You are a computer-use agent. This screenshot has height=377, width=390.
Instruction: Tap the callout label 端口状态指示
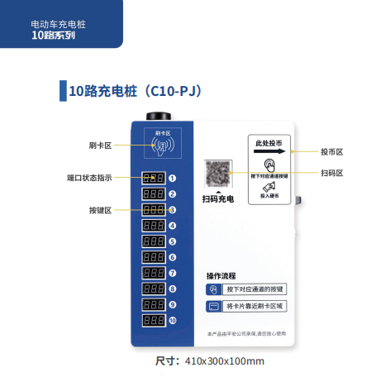click(88, 177)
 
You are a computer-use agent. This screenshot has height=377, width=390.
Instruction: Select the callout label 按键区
click(100, 210)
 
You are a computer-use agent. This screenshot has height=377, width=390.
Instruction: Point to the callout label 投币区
click(332, 152)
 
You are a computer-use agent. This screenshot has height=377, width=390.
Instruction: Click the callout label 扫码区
click(332, 172)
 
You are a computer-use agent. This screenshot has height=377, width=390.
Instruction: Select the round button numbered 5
click(173, 241)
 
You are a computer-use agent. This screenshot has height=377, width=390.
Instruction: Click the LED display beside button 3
click(152, 210)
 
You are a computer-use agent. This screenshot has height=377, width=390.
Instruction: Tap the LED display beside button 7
click(152, 273)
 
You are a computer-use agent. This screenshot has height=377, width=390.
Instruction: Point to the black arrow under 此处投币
click(269, 152)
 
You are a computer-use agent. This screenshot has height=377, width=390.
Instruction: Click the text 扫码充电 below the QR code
click(218, 199)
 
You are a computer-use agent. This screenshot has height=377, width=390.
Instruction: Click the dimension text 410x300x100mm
click(225, 361)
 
